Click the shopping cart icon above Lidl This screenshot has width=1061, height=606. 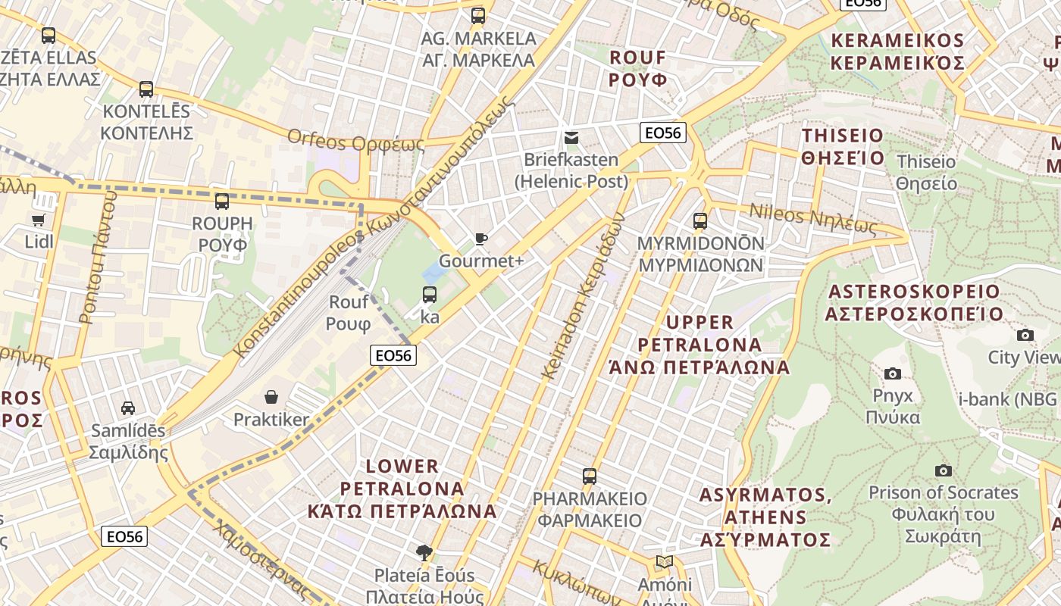(x=39, y=220)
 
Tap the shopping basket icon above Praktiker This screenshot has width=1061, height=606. (x=271, y=397)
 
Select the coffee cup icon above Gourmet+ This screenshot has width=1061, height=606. (x=480, y=239)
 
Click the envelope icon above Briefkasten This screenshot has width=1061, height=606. (x=571, y=138)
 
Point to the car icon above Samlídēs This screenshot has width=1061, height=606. (x=128, y=408)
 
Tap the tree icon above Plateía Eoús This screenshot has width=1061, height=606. (x=424, y=553)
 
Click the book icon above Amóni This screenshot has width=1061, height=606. (x=665, y=562)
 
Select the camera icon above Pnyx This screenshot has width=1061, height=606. (x=893, y=373)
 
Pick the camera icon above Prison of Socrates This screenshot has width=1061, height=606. (x=943, y=470)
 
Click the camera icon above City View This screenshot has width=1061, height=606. (x=1025, y=335)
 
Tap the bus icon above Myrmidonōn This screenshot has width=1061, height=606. (x=700, y=221)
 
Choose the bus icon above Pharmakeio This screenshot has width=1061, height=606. (x=590, y=476)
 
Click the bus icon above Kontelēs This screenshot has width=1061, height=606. (x=146, y=89)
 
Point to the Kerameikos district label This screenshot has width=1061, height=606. (x=897, y=52)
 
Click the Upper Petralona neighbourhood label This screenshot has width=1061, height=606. (x=700, y=345)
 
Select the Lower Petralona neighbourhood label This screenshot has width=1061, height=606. (x=402, y=489)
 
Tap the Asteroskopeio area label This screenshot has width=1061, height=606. (x=925, y=302)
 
